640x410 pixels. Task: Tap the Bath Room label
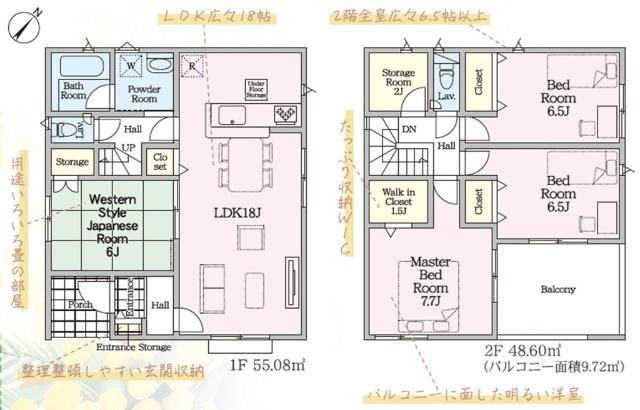point(74,91)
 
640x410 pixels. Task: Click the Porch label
point(79,305)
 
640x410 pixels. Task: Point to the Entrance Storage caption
point(134,347)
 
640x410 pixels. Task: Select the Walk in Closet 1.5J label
point(392,200)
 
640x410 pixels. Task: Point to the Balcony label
point(558,290)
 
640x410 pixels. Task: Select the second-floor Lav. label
point(447,96)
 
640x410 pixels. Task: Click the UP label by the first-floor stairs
point(128,147)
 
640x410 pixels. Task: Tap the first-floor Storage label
point(72,160)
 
